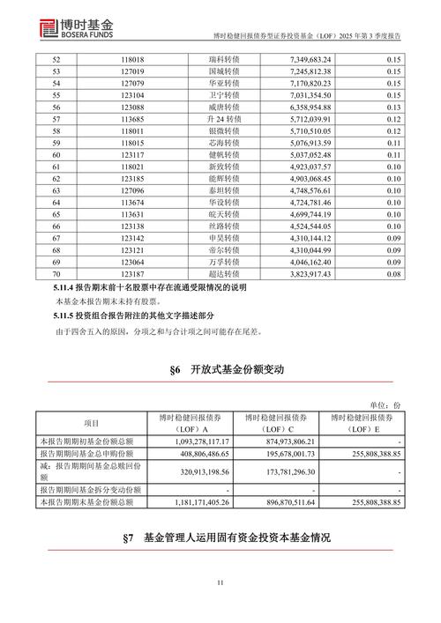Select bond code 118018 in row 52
pyautogui.click(x=132, y=57)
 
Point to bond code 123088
pyautogui.click(x=132, y=112)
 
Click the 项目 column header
pyautogui.click(x=92, y=423)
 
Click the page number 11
pyautogui.click(x=220, y=582)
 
